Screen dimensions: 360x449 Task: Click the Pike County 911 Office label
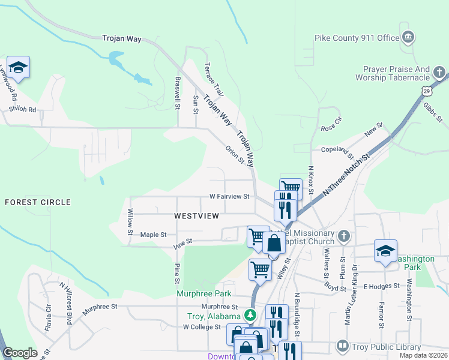pos(357,38)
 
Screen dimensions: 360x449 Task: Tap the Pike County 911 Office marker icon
pos(408,37)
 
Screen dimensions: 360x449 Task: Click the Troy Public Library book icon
pos(342,346)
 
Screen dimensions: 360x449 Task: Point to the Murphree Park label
pos(203,293)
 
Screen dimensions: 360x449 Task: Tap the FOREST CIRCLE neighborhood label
pos(38,202)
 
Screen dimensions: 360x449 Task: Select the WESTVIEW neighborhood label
pos(195,215)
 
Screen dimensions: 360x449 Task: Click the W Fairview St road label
pos(229,196)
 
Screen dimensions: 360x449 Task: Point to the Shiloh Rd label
pos(23,110)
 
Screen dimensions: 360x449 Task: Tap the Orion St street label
pos(234,154)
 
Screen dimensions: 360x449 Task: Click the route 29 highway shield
pos(426,90)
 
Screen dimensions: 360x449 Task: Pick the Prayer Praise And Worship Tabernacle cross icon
pos(440,73)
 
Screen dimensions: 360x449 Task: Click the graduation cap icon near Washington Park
pos(385,250)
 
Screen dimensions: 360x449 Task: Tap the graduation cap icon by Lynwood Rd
pos(18,67)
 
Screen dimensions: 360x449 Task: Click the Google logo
pos(20,353)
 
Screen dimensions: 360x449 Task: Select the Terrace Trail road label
pos(214,80)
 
